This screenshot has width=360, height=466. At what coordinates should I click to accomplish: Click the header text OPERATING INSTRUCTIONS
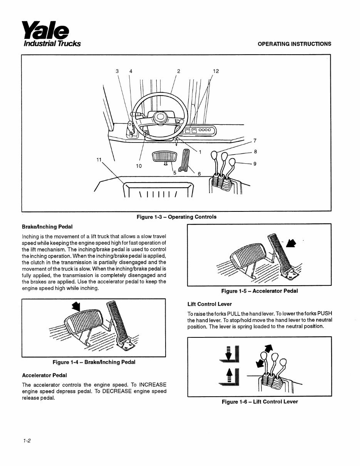[294, 44]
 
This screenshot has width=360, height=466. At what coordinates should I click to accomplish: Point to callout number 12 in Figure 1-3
[216, 71]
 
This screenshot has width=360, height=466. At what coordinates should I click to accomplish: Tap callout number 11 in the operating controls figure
[99, 159]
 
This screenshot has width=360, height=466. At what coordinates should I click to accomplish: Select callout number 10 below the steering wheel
[139, 166]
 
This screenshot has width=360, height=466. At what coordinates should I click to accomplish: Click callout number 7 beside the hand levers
[255, 140]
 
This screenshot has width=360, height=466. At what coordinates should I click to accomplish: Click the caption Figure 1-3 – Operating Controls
[176, 217]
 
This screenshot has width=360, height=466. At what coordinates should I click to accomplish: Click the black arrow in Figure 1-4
[77, 306]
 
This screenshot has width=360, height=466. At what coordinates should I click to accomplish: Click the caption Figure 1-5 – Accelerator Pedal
[259, 291]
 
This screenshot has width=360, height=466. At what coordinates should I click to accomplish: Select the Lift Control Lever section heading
[209, 304]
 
